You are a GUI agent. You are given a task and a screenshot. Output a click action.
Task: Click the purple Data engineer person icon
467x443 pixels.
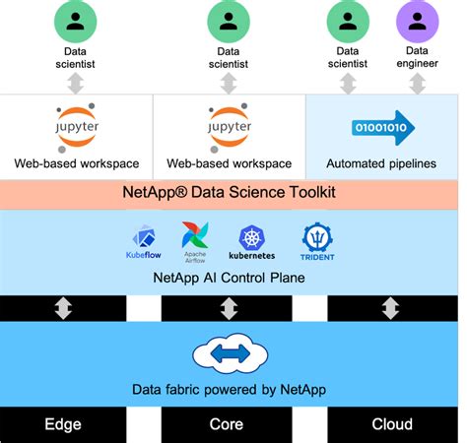(417, 20)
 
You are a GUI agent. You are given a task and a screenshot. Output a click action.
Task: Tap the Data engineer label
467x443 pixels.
(417, 57)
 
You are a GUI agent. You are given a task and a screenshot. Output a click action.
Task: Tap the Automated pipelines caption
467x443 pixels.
(380, 163)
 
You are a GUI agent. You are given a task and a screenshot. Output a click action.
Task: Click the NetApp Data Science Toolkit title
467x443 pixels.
(229, 192)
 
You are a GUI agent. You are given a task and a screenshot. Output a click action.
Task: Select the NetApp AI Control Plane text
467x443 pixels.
(229, 278)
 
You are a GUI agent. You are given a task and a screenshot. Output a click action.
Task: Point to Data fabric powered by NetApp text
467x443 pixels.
(229, 389)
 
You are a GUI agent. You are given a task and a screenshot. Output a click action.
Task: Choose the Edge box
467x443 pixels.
(63, 425)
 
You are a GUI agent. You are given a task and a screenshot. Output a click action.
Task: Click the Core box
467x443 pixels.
(229, 425)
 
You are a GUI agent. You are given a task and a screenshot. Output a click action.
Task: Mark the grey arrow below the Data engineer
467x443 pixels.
(417, 83)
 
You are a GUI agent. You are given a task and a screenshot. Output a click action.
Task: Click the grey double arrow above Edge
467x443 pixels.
(63, 308)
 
